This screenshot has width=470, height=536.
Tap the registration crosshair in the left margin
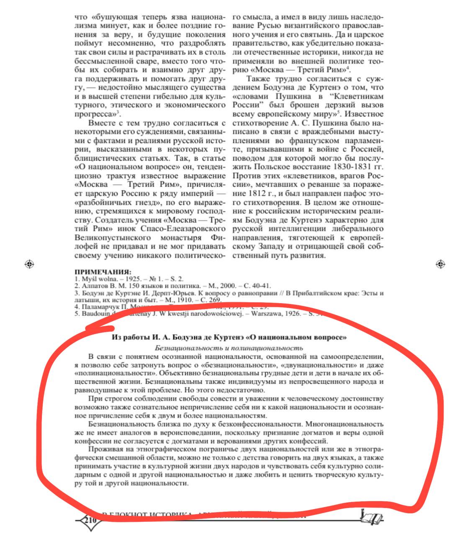[x=29, y=264]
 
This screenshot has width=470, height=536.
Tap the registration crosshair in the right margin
[x=440, y=264]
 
